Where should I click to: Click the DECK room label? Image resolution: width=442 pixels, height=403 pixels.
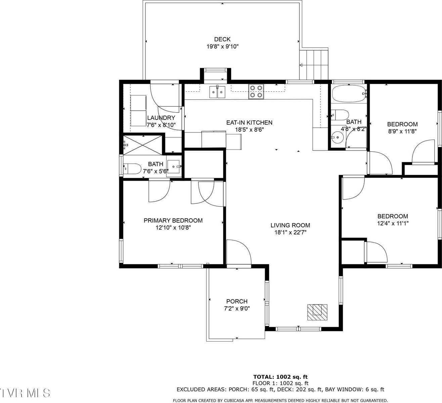click(222, 39)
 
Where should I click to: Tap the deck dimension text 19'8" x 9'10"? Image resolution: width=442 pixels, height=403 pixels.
click(223, 46)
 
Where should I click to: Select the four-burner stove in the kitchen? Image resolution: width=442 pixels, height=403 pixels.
click(256, 91)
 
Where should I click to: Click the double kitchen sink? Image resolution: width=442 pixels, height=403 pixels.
click(217, 92)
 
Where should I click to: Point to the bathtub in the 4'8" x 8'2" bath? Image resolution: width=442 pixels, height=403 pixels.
click(349, 93)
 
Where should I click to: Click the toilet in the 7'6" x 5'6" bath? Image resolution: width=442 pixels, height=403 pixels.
click(132, 169)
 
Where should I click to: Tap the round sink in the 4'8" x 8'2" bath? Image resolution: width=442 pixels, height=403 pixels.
click(338, 137)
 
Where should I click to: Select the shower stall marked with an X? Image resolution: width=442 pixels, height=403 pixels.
click(142, 145)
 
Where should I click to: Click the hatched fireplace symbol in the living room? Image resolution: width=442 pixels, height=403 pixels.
click(317, 312)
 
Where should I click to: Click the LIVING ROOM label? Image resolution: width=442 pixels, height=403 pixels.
click(290, 225)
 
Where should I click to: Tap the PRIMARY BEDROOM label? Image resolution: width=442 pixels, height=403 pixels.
click(173, 220)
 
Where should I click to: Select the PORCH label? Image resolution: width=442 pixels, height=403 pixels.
click(237, 301)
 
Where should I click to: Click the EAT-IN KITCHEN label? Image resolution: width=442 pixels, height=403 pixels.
click(249, 123)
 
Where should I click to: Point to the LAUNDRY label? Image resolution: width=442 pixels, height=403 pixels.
click(161, 118)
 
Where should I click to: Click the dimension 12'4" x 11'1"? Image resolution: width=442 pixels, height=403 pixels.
click(393, 223)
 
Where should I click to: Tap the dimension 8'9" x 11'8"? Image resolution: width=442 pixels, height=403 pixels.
click(402, 131)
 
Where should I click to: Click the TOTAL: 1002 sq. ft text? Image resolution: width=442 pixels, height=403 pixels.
click(280, 377)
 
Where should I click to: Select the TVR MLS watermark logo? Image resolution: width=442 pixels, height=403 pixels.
click(25, 393)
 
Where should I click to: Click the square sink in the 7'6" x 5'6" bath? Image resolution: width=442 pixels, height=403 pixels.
click(174, 167)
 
